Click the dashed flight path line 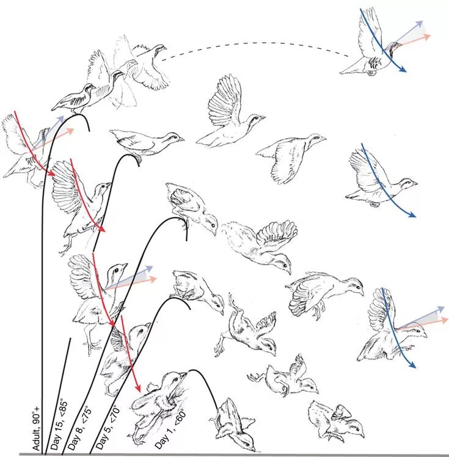coord(257,44)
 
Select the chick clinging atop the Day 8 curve coord(192,208)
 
